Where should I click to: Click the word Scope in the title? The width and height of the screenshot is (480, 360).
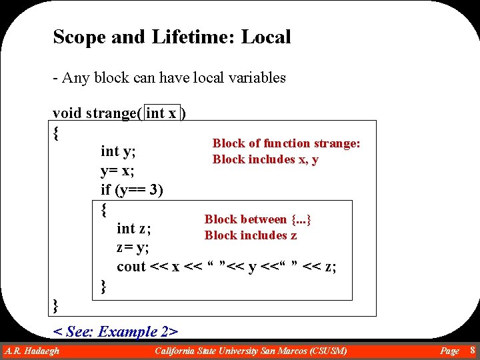(79, 37)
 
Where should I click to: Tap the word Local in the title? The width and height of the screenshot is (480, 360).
(266, 37)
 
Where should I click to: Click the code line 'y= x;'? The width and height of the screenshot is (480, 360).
(117, 171)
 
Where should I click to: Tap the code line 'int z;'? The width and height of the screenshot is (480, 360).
(134, 229)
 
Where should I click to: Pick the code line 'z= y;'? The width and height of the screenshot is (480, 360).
(133, 248)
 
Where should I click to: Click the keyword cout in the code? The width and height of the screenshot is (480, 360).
(131, 267)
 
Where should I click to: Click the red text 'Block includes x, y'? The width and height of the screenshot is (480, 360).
(265, 159)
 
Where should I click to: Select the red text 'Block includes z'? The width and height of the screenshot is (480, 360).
(251, 235)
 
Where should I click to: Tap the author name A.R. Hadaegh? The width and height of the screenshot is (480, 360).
(32, 351)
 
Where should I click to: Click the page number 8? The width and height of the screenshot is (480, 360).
(472, 351)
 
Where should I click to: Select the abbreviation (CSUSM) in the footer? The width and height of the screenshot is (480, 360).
(323, 351)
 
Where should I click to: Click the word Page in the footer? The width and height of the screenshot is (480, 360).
(449, 351)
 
